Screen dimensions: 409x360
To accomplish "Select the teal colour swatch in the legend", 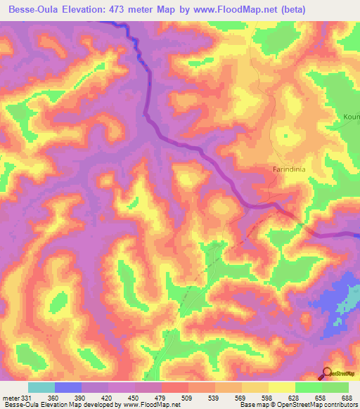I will tap(41, 387).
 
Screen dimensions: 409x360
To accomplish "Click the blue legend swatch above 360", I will tap(67, 387).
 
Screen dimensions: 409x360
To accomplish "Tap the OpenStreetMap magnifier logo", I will tap(327, 374).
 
